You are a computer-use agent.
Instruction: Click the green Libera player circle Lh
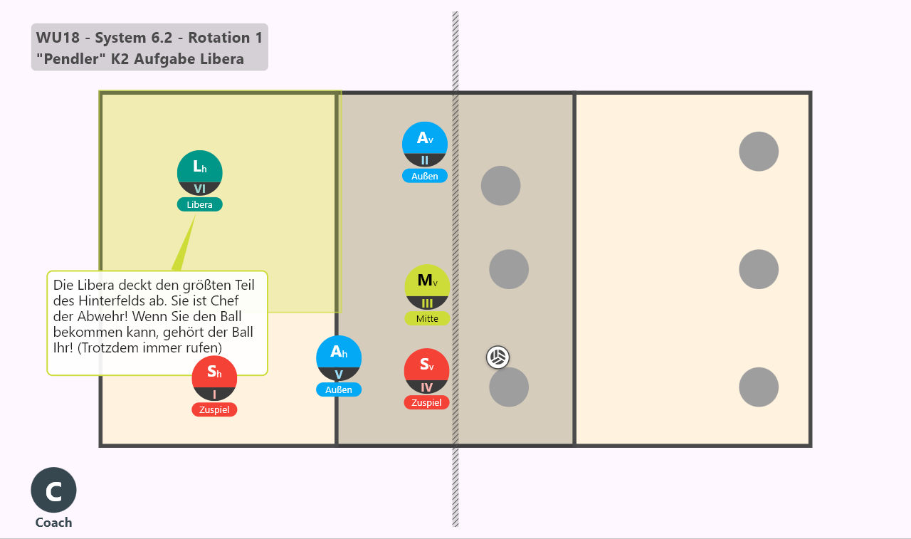coord(200,173)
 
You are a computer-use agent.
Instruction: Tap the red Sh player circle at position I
coord(214,378)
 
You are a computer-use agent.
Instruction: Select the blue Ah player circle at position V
coord(339,358)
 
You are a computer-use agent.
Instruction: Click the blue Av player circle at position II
coord(425,145)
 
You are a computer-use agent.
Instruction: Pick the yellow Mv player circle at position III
coord(427,287)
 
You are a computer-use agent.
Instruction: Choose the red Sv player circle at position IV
coord(426,371)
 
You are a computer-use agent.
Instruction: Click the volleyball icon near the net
coord(497,357)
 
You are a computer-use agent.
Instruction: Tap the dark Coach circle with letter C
coord(53,490)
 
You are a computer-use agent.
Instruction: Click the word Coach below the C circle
coord(53,523)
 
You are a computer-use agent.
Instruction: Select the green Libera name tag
coord(200,204)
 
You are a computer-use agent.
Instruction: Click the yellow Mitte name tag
coord(427,318)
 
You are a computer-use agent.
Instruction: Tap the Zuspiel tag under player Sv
coord(426,403)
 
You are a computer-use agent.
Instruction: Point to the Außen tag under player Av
coord(425,176)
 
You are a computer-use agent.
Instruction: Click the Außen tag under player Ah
coord(339,389)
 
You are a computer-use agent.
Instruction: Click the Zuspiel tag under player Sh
coord(214,409)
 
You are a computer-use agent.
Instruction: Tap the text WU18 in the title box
coord(58,38)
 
